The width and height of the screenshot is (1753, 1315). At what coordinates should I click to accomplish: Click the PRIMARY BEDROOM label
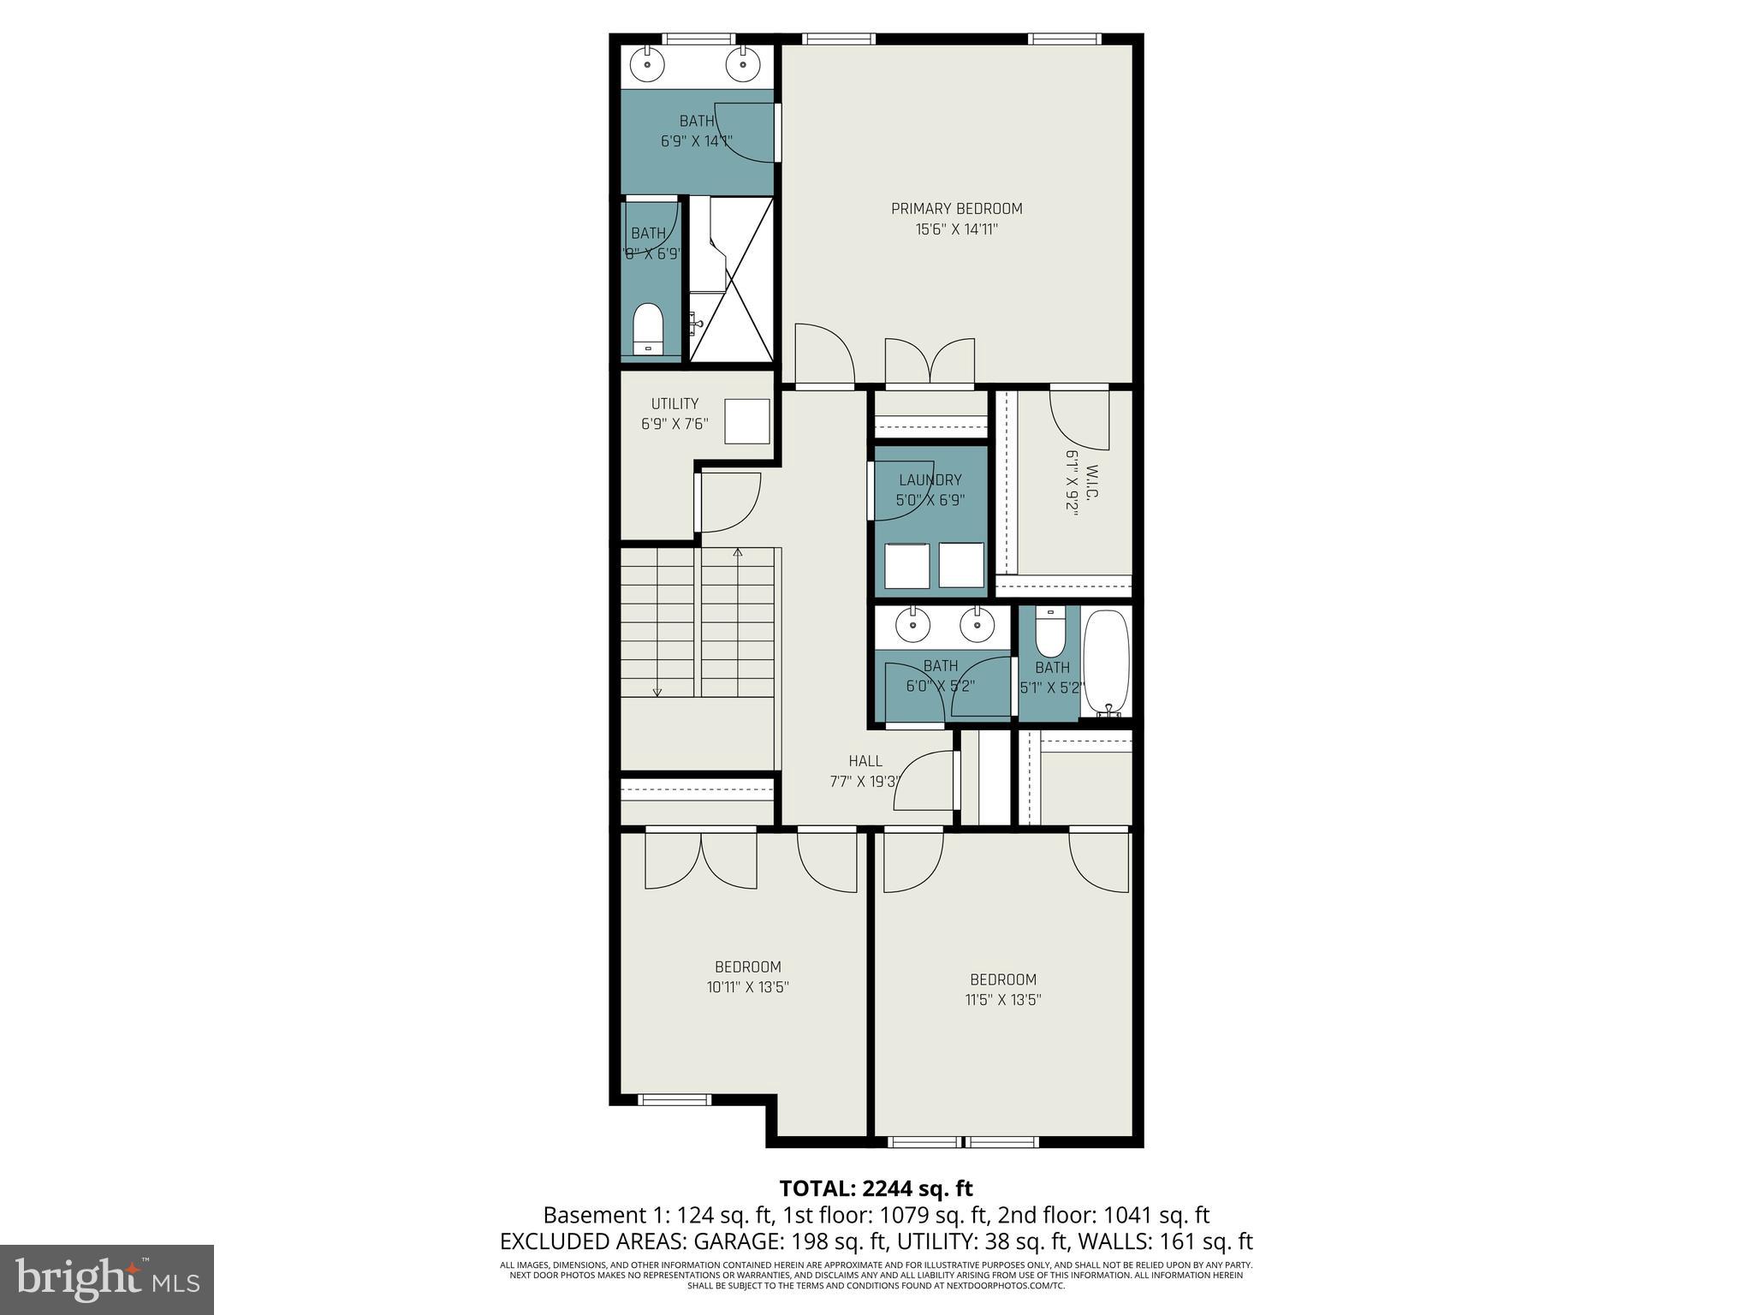click(956, 209)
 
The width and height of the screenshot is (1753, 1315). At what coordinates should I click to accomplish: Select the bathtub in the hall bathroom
click(1107, 662)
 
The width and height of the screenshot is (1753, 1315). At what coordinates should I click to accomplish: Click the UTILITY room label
click(674, 403)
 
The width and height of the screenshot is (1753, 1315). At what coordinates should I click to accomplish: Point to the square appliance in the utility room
click(746, 421)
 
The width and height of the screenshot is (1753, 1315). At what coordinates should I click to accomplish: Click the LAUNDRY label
click(930, 480)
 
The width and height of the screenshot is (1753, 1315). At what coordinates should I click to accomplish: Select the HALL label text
click(865, 761)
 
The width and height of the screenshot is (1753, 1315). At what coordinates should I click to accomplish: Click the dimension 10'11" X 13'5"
click(747, 987)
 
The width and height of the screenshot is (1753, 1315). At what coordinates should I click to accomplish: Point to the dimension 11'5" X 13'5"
click(1002, 1000)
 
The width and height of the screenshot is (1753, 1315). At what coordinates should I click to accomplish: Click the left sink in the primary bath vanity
click(648, 63)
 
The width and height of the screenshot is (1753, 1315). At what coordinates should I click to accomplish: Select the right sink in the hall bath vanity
click(977, 625)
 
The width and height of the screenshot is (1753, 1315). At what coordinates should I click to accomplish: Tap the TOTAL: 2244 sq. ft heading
click(876, 1188)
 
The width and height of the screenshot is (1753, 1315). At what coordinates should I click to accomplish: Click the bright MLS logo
click(107, 1279)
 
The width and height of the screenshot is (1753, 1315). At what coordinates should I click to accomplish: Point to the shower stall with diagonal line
click(732, 278)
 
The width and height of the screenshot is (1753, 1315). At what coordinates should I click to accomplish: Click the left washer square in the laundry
click(906, 565)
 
